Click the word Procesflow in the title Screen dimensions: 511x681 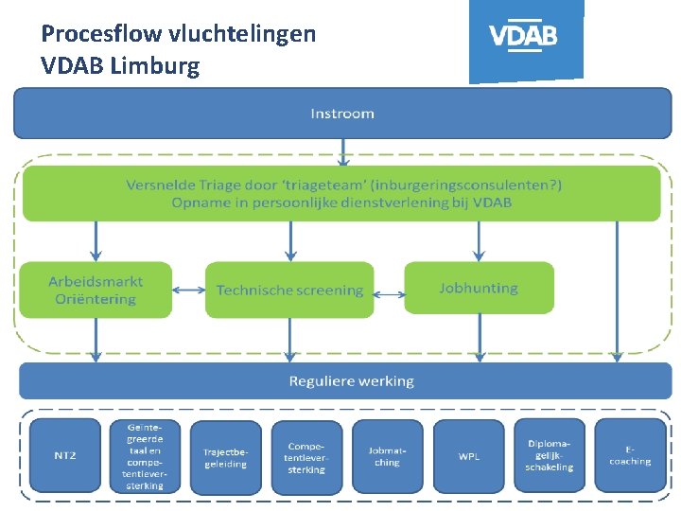click(101, 35)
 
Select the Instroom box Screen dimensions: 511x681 click(341, 114)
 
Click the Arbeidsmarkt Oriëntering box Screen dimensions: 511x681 click(96, 290)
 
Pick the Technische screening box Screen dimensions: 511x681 click(289, 290)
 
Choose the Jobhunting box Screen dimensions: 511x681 click(479, 288)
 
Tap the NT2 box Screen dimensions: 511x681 click(64, 455)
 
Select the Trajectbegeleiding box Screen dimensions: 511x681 click(225, 458)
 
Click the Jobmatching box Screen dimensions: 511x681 click(387, 456)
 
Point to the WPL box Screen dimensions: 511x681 click(468, 456)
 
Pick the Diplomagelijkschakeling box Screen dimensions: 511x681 click(550, 455)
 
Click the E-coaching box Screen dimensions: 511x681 click(630, 455)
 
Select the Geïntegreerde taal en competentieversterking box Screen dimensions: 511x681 click(144, 455)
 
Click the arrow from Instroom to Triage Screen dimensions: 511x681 click(342, 151)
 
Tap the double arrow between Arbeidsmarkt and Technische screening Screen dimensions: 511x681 click(188, 290)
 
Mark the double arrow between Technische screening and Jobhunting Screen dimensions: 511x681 click(389, 290)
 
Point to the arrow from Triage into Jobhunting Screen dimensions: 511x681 click(479, 241)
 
